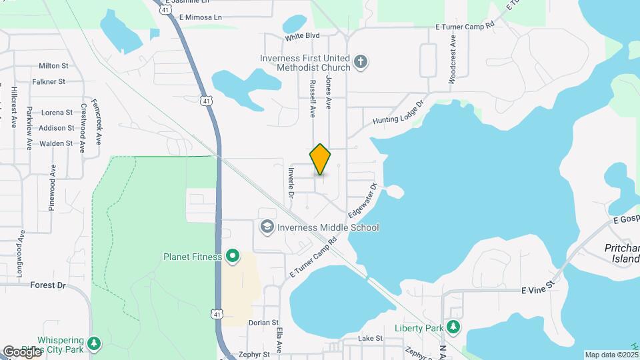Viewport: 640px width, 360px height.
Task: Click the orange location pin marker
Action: pyautogui.click(x=320, y=159)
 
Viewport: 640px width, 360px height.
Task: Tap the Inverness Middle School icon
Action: pyautogui.click(x=267, y=227)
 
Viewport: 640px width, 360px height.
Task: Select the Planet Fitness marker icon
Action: pyautogui.click(x=233, y=256)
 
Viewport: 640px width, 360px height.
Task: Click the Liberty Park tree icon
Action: pyautogui.click(x=453, y=327)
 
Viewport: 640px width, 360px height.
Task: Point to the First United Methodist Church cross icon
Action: pyautogui.click(x=361, y=62)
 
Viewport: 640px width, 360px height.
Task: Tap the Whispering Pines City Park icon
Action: pyautogui.click(x=95, y=343)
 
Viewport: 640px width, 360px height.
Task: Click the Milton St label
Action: pyautogui.click(x=54, y=66)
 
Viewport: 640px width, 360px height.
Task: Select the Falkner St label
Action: pyautogui.click(x=49, y=81)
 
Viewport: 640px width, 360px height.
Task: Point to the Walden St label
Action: pyautogui.click(x=56, y=143)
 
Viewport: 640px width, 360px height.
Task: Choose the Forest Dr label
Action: pyautogui.click(x=48, y=285)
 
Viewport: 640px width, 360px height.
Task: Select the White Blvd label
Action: pyautogui.click(x=303, y=36)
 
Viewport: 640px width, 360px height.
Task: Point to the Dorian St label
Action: pyautogui.click(x=263, y=323)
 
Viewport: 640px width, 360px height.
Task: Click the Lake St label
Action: pyautogui.click(x=370, y=338)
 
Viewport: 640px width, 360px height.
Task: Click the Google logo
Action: pyautogui.click(x=22, y=351)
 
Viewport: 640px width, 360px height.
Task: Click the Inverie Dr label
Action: pyautogui.click(x=291, y=182)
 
